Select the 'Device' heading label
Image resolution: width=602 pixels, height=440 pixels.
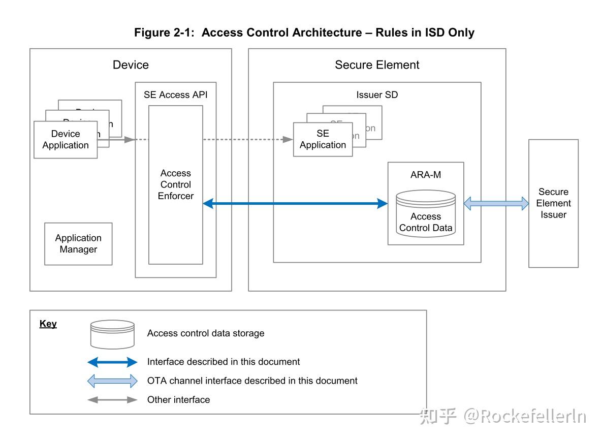point(131,65)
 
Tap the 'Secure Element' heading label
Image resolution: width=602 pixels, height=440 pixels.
point(377,65)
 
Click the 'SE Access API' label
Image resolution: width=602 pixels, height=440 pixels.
point(175,95)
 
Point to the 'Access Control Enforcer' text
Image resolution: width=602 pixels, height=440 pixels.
point(176,184)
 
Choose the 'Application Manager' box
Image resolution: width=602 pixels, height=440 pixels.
point(78,244)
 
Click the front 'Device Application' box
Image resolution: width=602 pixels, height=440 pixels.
point(66,140)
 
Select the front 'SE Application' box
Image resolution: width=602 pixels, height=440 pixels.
point(323,139)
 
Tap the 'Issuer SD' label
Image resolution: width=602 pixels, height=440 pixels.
point(377,95)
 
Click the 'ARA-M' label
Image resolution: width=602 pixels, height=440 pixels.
point(426,175)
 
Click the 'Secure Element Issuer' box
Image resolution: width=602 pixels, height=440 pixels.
point(553,203)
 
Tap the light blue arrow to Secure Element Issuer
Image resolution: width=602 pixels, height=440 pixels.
point(496,204)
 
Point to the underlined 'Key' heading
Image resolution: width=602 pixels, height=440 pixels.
point(48,324)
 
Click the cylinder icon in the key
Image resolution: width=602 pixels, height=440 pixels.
point(112,334)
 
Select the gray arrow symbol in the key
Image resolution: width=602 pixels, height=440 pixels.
point(112,400)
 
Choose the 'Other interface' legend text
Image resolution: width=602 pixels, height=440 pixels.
point(178,400)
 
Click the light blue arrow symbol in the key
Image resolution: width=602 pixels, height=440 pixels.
point(112,381)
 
